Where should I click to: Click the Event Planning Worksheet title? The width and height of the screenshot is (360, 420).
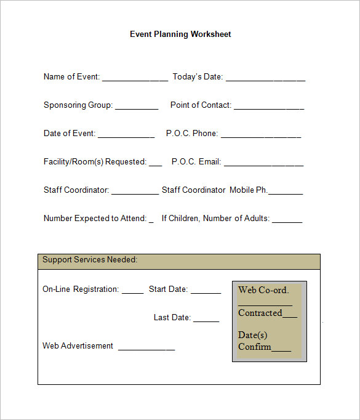point(180,34)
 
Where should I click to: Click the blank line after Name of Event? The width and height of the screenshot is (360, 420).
point(135,79)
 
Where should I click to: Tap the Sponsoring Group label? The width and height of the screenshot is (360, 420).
point(78,105)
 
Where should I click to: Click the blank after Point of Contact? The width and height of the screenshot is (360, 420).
point(268,108)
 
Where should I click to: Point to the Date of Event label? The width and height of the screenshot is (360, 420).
point(69,134)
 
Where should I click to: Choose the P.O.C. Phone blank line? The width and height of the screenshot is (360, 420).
point(260,136)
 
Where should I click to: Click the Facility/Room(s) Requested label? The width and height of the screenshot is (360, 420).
point(95,162)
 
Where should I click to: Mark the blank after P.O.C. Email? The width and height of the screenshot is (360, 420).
point(263,164)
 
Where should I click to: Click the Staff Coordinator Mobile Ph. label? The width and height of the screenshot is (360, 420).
point(214,190)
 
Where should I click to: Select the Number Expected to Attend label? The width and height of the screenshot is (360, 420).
point(95,219)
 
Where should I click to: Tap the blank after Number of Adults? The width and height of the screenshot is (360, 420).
point(287,221)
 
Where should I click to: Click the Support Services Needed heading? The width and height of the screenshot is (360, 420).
point(90,260)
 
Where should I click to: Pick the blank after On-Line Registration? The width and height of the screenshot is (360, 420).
point(132,292)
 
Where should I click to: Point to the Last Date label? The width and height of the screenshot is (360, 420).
point(172,318)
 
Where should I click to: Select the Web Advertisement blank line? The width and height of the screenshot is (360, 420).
point(146,349)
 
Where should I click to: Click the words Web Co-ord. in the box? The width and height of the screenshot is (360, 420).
point(263,290)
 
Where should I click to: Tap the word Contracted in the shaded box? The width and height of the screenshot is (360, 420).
point(260,313)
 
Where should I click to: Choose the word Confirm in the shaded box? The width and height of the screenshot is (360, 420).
point(255,347)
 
